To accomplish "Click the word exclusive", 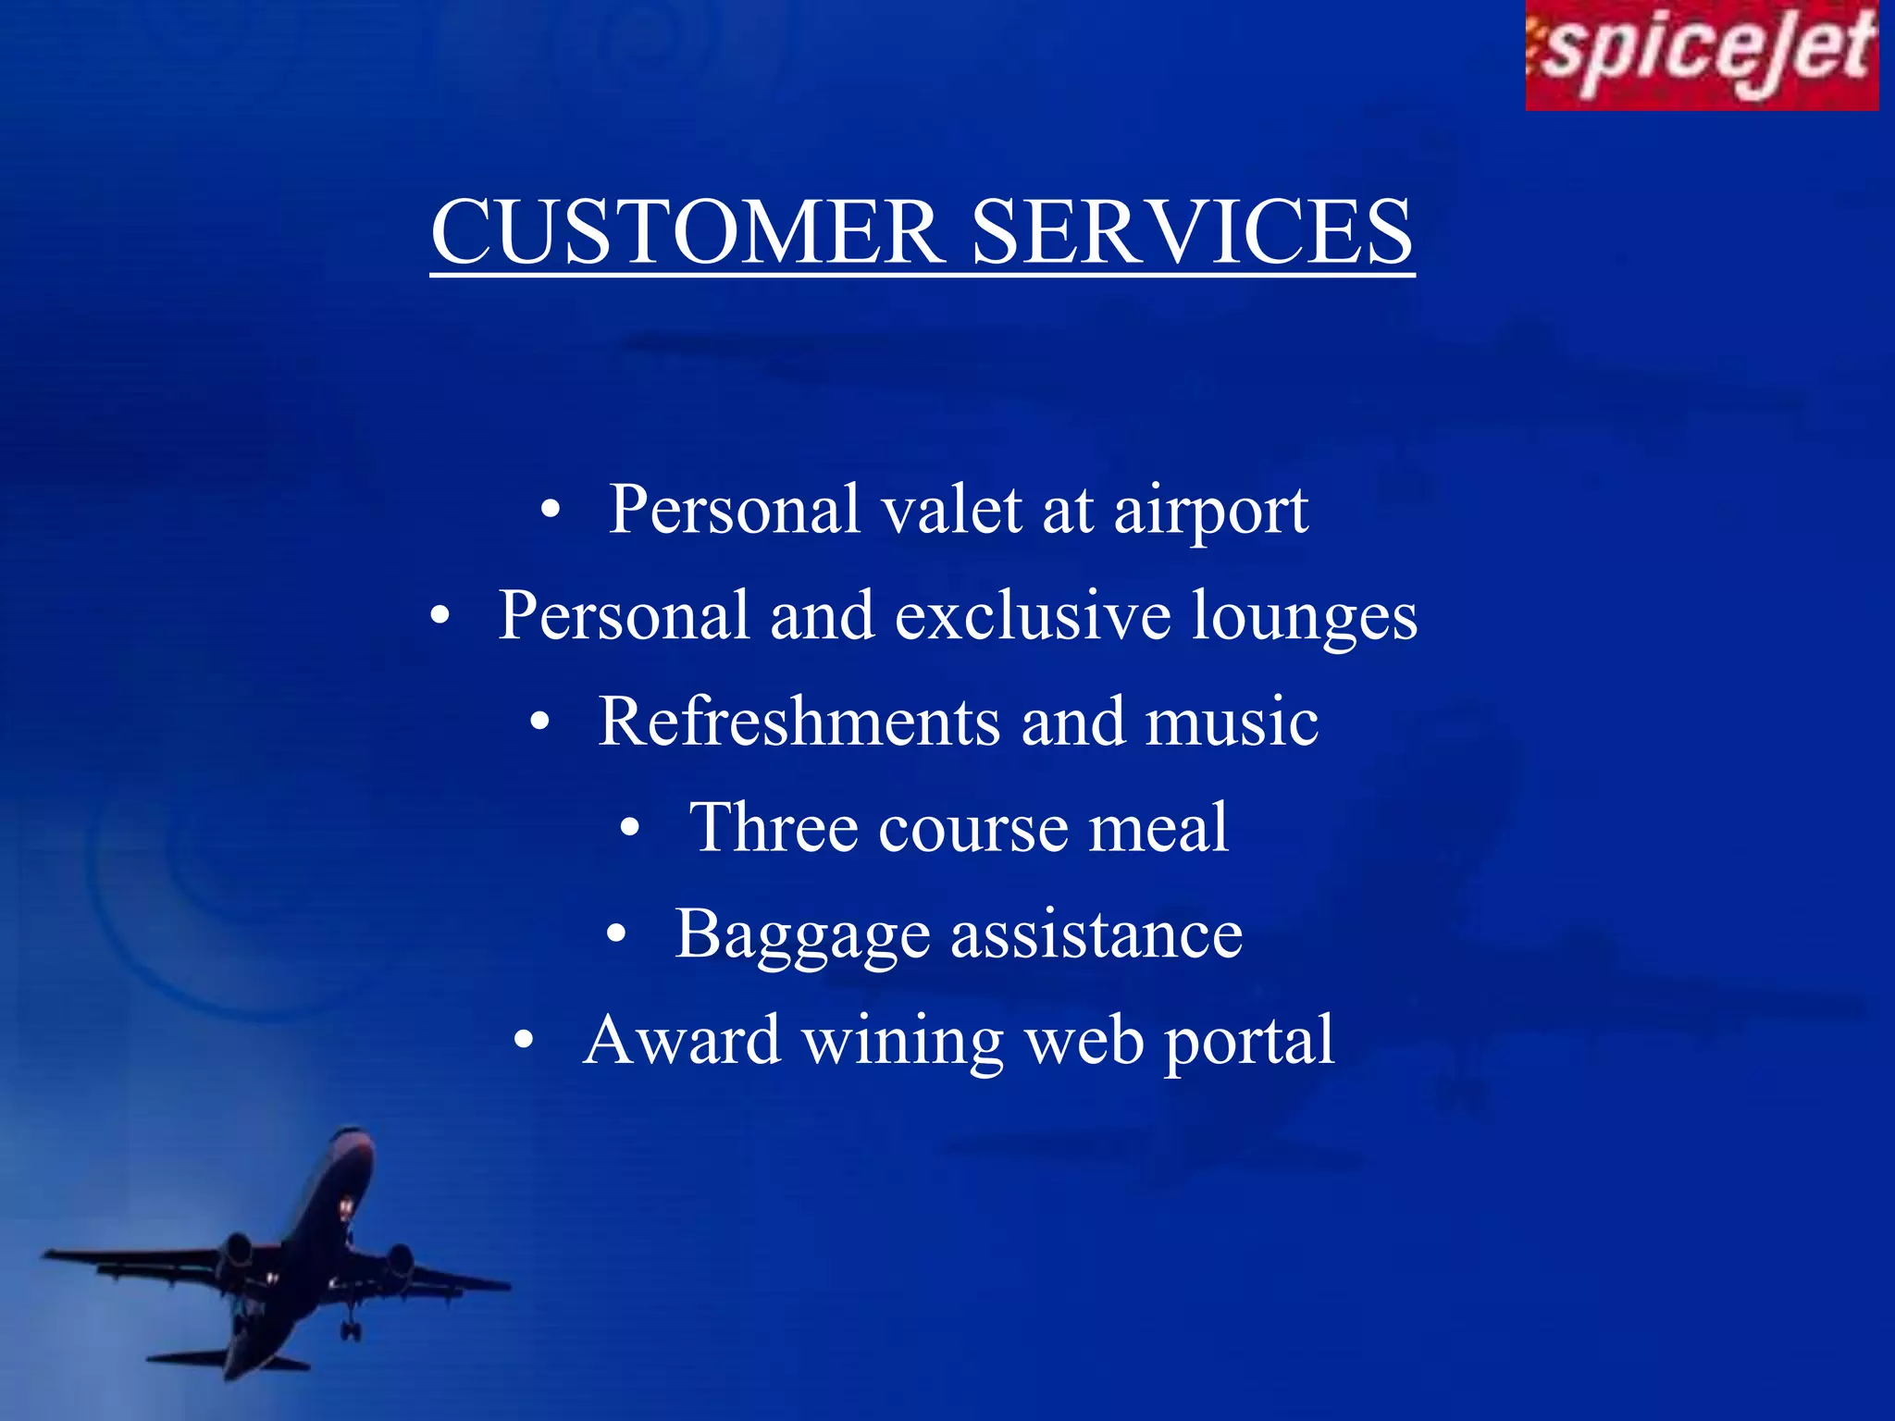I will pyautogui.click(x=1032, y=615).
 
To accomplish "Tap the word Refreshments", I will pyautogui.click(x=799, y=722).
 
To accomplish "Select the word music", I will pyautogui.click(x=1232, y=722).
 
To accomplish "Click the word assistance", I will pyautogui.click(x=1096, y=934).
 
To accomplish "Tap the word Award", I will pyautogui.click(x=682, y=1040).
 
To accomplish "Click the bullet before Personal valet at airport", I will pyautogui.click(x=551, y=511).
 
